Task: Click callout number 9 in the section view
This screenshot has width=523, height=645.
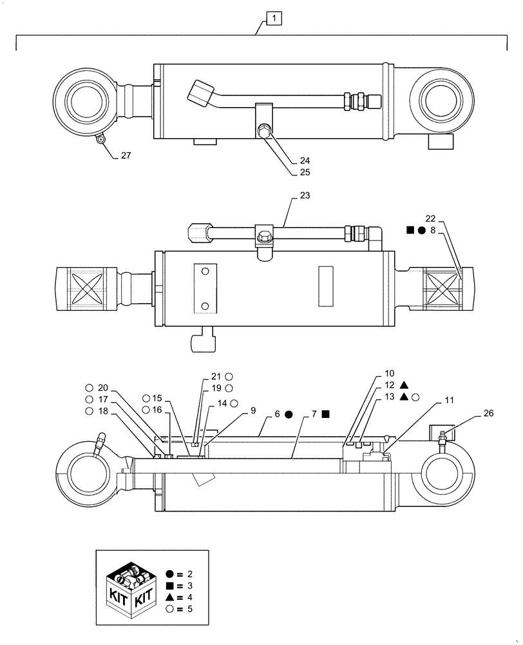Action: click(252, 410)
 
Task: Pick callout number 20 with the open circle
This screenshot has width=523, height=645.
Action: click(104, 388)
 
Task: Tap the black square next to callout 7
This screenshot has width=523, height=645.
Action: click(327, 414)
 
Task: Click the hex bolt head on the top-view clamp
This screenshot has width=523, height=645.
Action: click(264, 132)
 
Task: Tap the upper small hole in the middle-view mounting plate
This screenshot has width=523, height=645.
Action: click(205, 273)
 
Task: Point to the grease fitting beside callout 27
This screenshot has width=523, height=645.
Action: click(100, 138)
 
